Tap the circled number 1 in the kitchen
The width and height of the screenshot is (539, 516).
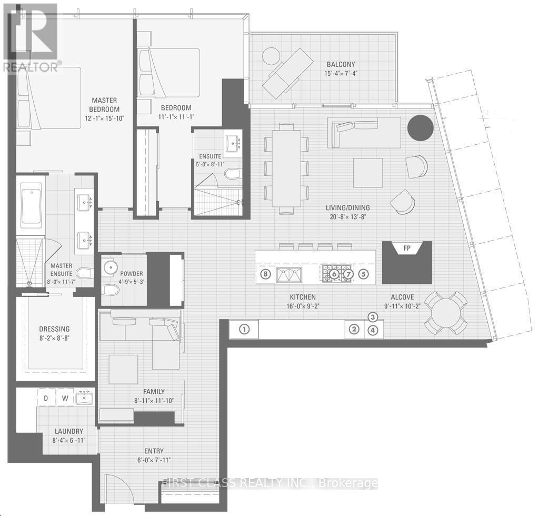point(244,330)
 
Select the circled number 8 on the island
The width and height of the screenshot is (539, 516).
point(265,274)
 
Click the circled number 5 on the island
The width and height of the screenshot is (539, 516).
point(363,274)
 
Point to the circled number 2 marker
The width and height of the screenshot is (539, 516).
point(355,330)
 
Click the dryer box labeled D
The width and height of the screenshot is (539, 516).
point(46,398)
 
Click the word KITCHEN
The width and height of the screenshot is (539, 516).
point(302,297)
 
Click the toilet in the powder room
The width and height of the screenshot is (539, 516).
point(111,291)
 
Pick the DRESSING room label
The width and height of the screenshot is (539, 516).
point(55,329)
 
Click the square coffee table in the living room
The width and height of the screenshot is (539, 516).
point(368,172)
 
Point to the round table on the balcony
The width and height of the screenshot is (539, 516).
point(272,56)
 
